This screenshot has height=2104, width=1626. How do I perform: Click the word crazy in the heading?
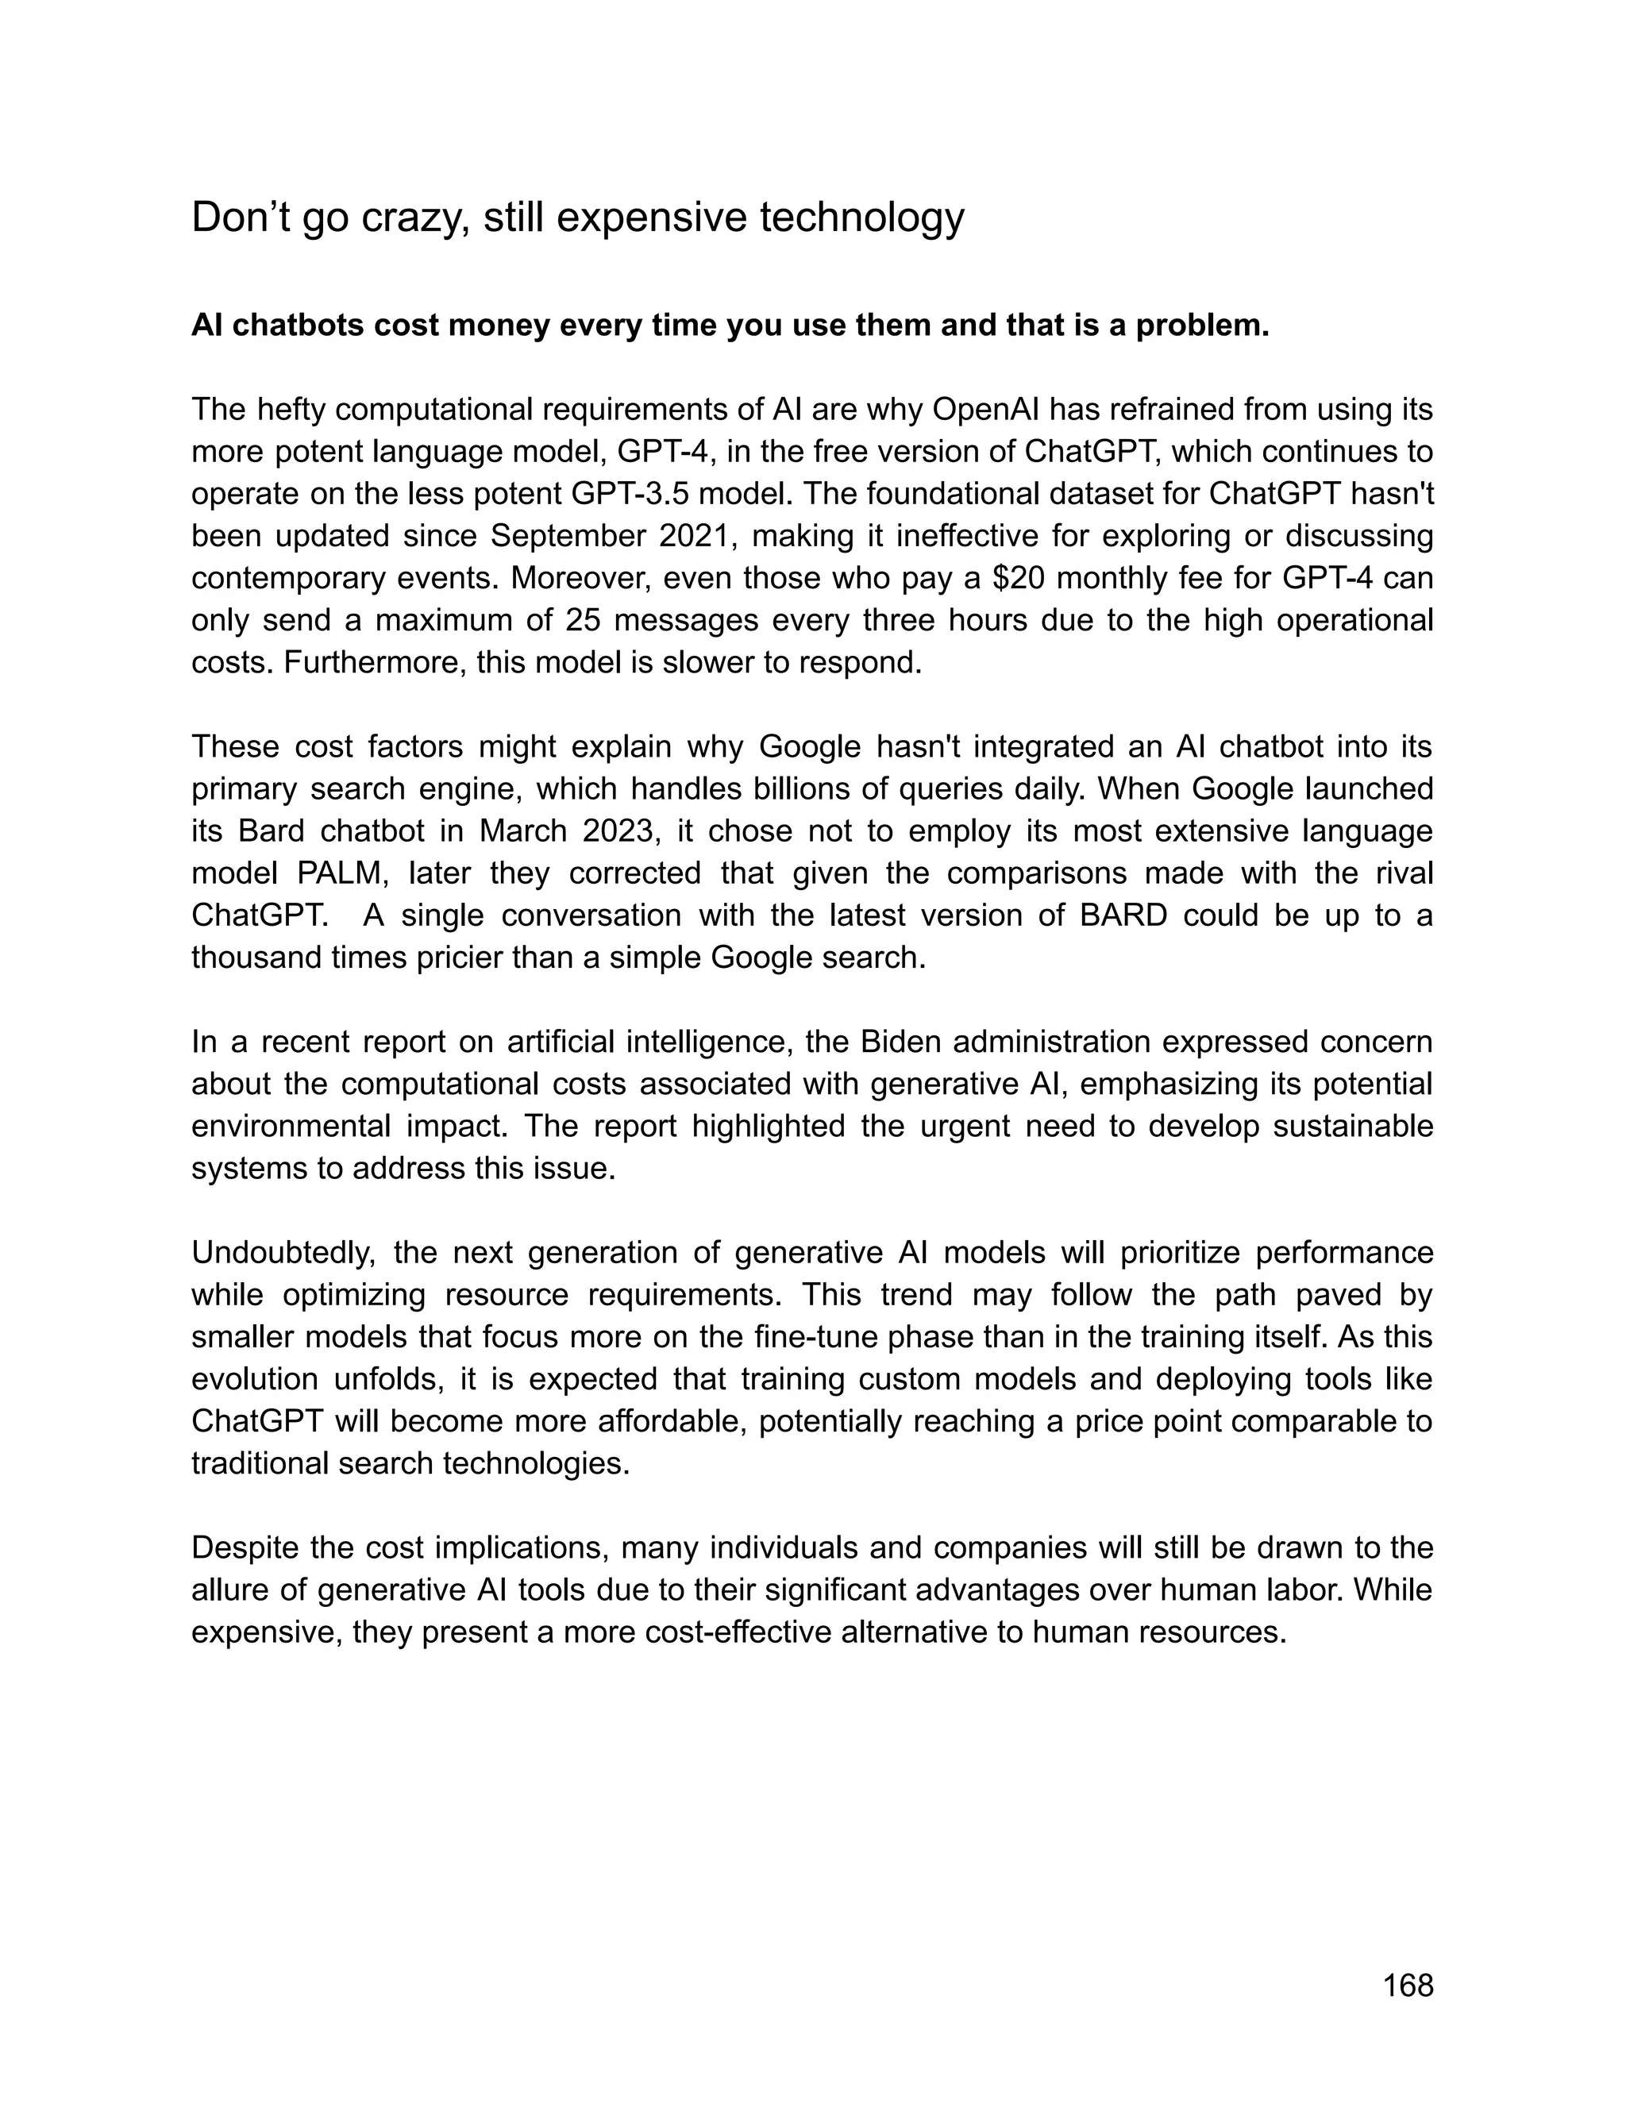[415, 218]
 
